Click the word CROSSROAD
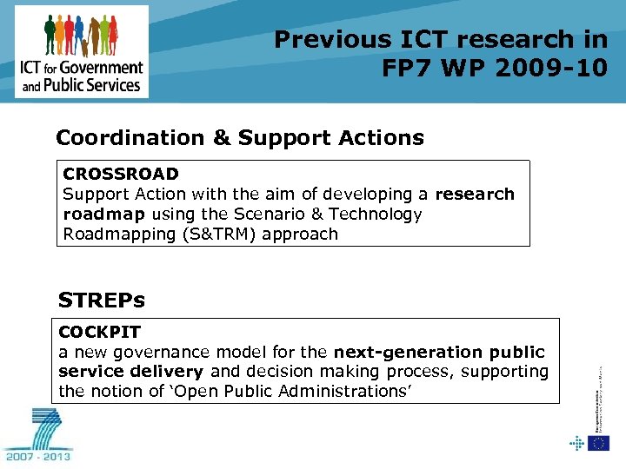click(x=121, y=174)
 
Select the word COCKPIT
click(x=99, y=332)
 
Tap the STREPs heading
click(x=101, y=301)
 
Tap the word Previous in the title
click(x=333, y=39)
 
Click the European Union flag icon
click(x=598, y=444)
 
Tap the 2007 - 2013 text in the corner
click(x=38, y=454)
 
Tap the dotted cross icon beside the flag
click(x=576, y=444)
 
